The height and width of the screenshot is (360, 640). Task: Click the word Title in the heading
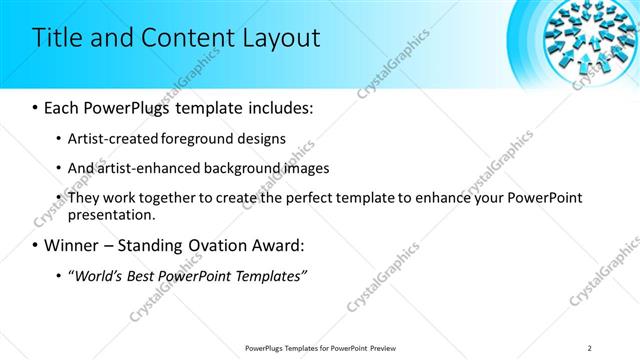(58, 39)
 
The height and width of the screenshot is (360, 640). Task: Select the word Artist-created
(112, 138)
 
